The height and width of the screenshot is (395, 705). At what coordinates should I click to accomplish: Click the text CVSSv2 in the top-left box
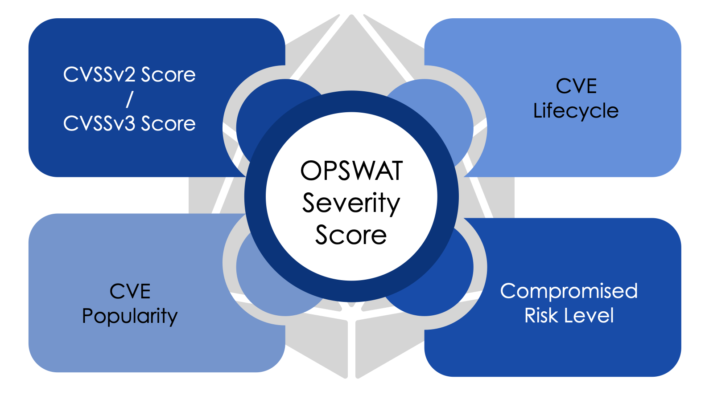(99, 74)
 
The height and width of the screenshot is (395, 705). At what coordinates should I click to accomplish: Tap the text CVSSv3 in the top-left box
(99, 123)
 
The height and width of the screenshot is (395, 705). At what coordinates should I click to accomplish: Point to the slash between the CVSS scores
(129, 99)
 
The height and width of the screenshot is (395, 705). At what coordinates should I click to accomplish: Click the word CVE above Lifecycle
(576, 86)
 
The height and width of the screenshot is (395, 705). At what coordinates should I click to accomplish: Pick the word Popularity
(130, 316)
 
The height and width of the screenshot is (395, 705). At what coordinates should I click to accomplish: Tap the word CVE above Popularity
(130, 291)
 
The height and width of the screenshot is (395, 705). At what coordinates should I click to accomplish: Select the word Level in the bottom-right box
(589, 315)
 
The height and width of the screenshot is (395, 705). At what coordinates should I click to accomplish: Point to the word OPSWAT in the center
(351, 171)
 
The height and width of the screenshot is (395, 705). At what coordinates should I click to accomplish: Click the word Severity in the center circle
(351, 204)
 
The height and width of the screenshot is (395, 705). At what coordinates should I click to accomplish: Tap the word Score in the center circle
(351, 235)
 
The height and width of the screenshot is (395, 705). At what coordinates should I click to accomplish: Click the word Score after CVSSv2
(168, 74)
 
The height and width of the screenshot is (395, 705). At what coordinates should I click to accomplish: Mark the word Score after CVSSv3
(168, 123)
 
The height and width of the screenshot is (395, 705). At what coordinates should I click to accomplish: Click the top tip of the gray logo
(351, 15)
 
